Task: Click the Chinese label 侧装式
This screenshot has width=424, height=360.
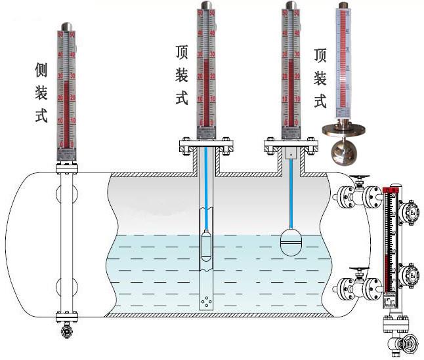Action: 41,93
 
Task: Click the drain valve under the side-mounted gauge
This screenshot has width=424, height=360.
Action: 67,332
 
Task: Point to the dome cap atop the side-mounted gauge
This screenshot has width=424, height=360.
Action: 67,24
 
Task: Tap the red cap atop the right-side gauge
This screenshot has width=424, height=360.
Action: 392,190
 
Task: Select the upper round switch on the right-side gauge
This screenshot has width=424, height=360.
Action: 412,212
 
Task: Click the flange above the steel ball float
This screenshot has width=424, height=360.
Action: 341,128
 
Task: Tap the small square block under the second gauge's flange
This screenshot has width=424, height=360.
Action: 289,155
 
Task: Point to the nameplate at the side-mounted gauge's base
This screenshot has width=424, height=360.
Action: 67,153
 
